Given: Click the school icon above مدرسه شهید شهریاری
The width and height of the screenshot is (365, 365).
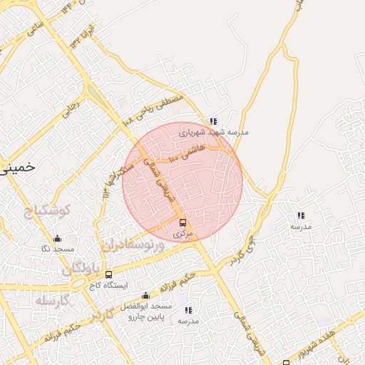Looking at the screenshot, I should (x=213, y=121).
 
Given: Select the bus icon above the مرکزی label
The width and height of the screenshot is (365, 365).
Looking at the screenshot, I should (x=182, y=222).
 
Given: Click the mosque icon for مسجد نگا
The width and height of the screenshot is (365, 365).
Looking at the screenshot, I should (x=58, y=239).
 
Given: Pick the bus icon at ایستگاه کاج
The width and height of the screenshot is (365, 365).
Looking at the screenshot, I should (x=108, y=274).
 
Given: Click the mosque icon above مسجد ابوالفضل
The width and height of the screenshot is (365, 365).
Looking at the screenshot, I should (x=146, y=295).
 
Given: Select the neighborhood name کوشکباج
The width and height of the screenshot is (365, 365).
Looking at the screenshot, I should (x=46, y=212).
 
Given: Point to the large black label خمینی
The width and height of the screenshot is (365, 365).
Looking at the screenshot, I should (x=17, y=167).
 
